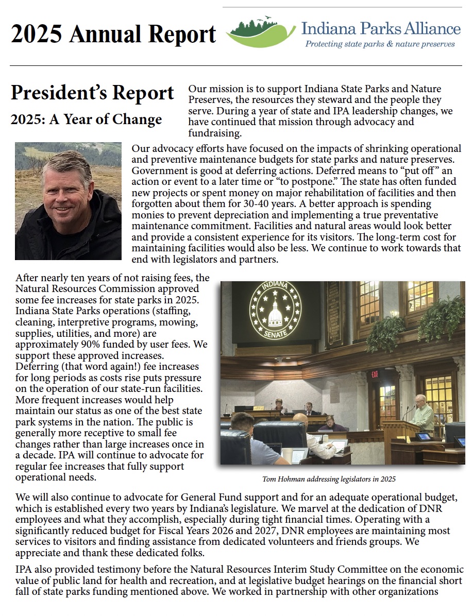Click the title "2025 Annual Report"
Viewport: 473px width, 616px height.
tap(113, 34)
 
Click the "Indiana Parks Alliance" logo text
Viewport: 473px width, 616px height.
tap(381, 28)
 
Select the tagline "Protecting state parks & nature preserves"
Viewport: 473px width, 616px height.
tap(380, 44)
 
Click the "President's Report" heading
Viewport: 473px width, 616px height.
tap(93, 93)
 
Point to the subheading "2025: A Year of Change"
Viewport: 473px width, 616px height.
tap(86, 119)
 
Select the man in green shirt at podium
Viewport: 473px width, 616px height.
tap(423, 412)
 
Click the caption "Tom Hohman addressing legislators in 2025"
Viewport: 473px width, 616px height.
tap(329, 479)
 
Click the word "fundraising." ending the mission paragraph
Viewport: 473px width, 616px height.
tap(215, 133)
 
